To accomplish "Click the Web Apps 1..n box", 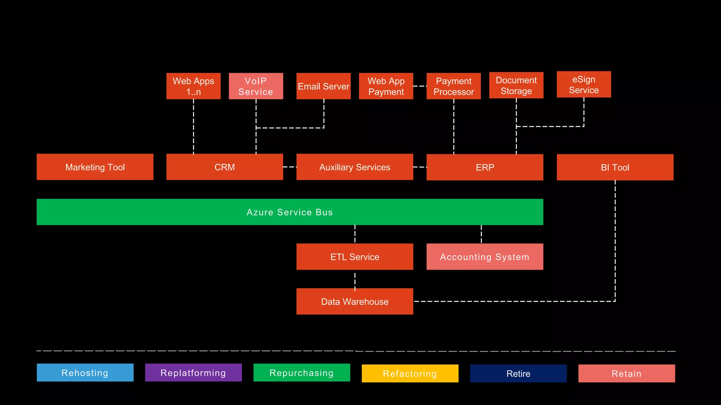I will (x=193, y=86).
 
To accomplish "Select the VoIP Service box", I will (x=256, y=86).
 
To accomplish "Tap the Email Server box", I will (x=323, y=86).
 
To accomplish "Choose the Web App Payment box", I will (x=386, y=86).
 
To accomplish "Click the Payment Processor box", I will (x=453, y=86).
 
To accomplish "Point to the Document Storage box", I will (x=516, y=85).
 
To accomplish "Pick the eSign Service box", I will (x=584, y=84).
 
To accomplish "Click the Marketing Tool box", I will (x=95, y=167).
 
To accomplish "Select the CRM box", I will (x=225, y=167).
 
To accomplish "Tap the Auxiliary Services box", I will (x=355, y=167).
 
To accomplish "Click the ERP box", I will (x=485, y=167).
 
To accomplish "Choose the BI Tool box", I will (x=615, y=167).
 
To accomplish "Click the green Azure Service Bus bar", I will (x=289, y=212).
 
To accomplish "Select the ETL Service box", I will (x=355, y=257).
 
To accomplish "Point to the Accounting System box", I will (x=485, y=257).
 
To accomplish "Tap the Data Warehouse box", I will (x=355, y=301).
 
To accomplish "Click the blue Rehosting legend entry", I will (x=85, y=373).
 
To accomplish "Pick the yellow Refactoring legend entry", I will (x=410, y=373).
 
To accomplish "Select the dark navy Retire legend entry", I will (x=518, y=373).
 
